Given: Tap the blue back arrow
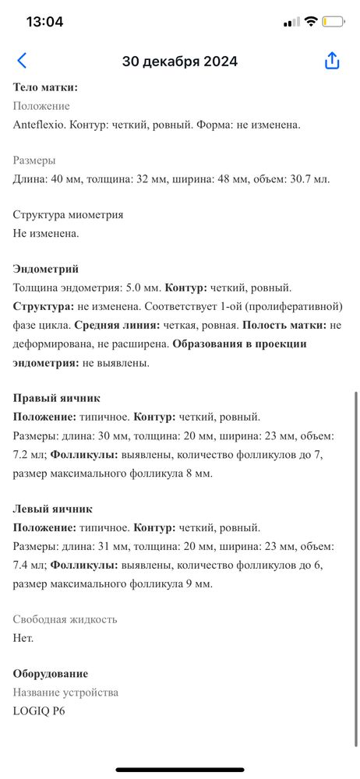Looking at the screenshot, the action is point(22,61).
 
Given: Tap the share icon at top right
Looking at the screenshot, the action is point(332,61).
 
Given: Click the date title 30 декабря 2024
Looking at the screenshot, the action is point(180,62).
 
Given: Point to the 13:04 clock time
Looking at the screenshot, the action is point(44,22).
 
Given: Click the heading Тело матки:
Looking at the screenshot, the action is point(45,88).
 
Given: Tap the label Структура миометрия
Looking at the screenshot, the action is point(69,214).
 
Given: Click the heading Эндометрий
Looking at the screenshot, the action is point(46,269).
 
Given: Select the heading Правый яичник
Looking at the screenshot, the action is point(57,398).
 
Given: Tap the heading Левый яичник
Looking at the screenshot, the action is point(53,509).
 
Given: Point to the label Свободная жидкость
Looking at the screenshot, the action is point(65,619).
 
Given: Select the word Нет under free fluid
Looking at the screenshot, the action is point(23,638).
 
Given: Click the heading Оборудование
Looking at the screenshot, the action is point(51,674).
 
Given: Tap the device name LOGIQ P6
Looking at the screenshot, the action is point(39,710).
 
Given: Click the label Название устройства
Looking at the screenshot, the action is point(66,693).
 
